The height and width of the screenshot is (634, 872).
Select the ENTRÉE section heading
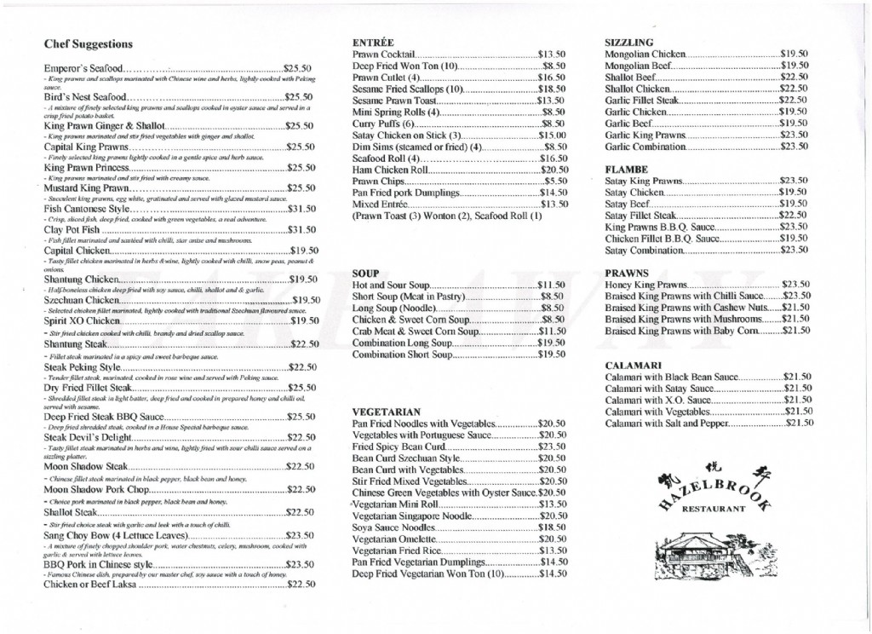pos(373,41)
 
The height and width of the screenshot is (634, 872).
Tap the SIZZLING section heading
pos(629,41)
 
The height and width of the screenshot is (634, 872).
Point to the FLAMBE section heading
pos(626,169)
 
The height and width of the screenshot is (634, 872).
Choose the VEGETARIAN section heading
pos(387,411)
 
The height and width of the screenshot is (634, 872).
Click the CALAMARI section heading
pos(633,365)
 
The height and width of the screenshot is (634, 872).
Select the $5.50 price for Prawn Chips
pos(555,181)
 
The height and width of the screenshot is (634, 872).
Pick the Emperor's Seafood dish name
pos(82,67)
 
